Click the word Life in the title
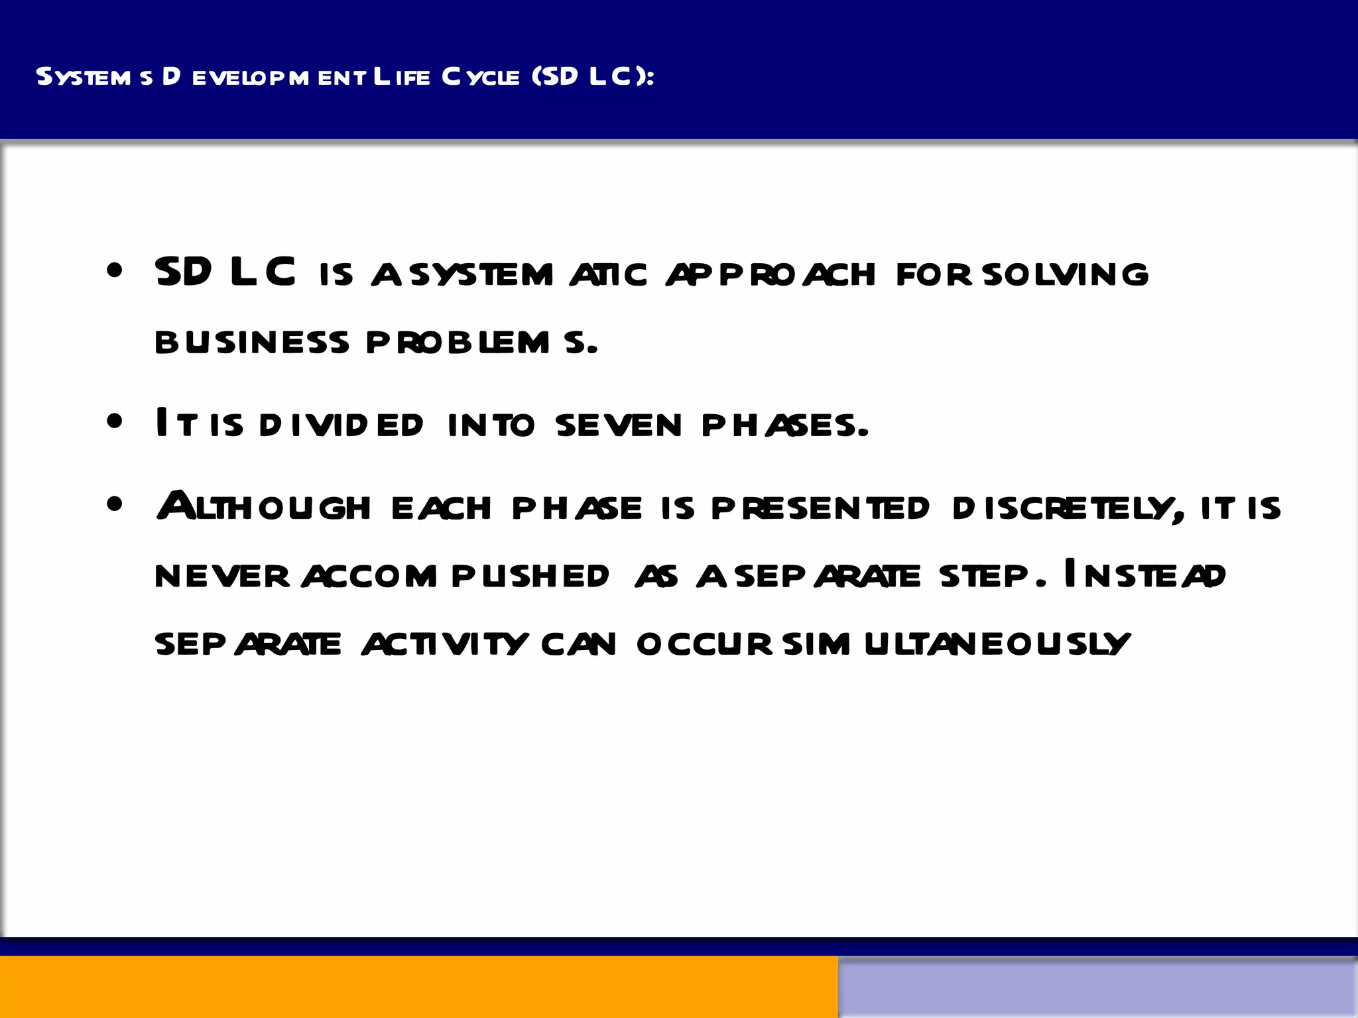[402, 77]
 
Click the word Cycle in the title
[481, 77]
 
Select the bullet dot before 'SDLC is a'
[115, 271]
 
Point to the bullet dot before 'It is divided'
[115, 422]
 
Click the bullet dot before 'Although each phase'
[115, 505]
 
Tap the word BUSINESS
[252, 342]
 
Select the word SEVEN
[619, 425]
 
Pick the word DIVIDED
[341, 425]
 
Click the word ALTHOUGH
[263, 506]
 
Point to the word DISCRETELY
[1068, 508]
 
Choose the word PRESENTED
[820, 508]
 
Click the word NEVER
[222, 576]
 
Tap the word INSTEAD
[1144, 575]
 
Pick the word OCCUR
[704, 644]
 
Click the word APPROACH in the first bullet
[771, 274]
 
